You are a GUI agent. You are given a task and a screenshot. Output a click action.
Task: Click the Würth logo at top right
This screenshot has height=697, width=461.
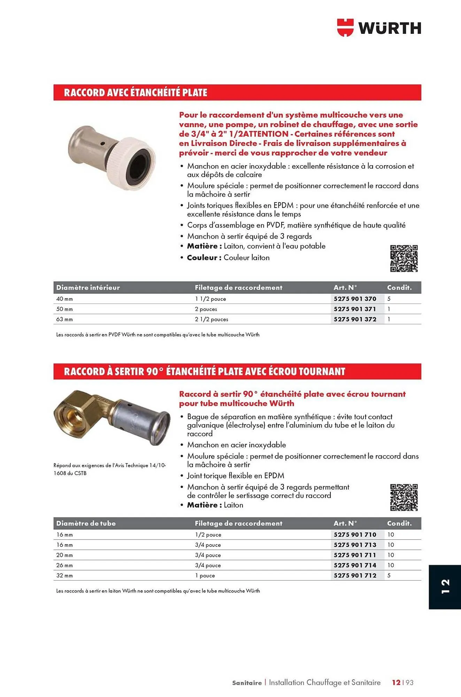pos(379,28)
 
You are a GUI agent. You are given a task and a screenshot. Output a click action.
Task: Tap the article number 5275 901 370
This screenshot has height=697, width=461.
pos(355,299)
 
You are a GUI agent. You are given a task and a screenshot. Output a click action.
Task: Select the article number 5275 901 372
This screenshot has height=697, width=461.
pos(355,319)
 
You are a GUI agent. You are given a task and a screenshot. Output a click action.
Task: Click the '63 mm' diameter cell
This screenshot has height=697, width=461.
pos(64,319)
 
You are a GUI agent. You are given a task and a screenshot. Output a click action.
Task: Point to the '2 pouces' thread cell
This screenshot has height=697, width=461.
pos(206,309)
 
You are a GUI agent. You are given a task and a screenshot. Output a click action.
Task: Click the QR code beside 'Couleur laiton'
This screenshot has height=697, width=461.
pos(404,258)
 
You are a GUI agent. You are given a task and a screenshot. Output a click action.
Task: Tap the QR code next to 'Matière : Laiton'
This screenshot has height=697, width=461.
pos(404,497)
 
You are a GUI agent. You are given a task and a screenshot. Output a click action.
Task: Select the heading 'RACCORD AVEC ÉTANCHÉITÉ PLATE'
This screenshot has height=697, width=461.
pos(136,93)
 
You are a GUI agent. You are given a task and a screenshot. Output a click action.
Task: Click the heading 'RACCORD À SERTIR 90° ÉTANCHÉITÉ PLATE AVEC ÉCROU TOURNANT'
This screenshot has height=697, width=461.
pos(204,372)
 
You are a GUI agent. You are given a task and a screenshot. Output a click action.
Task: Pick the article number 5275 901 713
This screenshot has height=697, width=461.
pos(355,545)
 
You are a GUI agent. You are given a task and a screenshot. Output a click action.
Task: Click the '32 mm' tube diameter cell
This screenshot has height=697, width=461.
pos(64,575)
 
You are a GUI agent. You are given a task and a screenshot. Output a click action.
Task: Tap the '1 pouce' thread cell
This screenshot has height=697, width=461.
pos(205,575)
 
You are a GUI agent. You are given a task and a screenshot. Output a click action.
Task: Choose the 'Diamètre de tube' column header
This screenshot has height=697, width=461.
pos(86,523)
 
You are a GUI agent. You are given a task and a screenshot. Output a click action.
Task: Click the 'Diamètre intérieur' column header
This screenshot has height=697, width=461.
pos(88,288)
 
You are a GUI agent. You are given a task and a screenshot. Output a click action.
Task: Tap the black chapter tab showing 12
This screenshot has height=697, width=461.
pos(445,587)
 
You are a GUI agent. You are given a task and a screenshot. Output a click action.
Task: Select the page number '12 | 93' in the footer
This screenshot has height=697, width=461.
pos(402,682)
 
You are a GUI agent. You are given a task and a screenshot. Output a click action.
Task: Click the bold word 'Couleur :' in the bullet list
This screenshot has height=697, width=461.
pos(204,258)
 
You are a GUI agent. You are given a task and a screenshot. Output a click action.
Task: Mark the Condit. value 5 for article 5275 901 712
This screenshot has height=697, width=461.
pos(389,575)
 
